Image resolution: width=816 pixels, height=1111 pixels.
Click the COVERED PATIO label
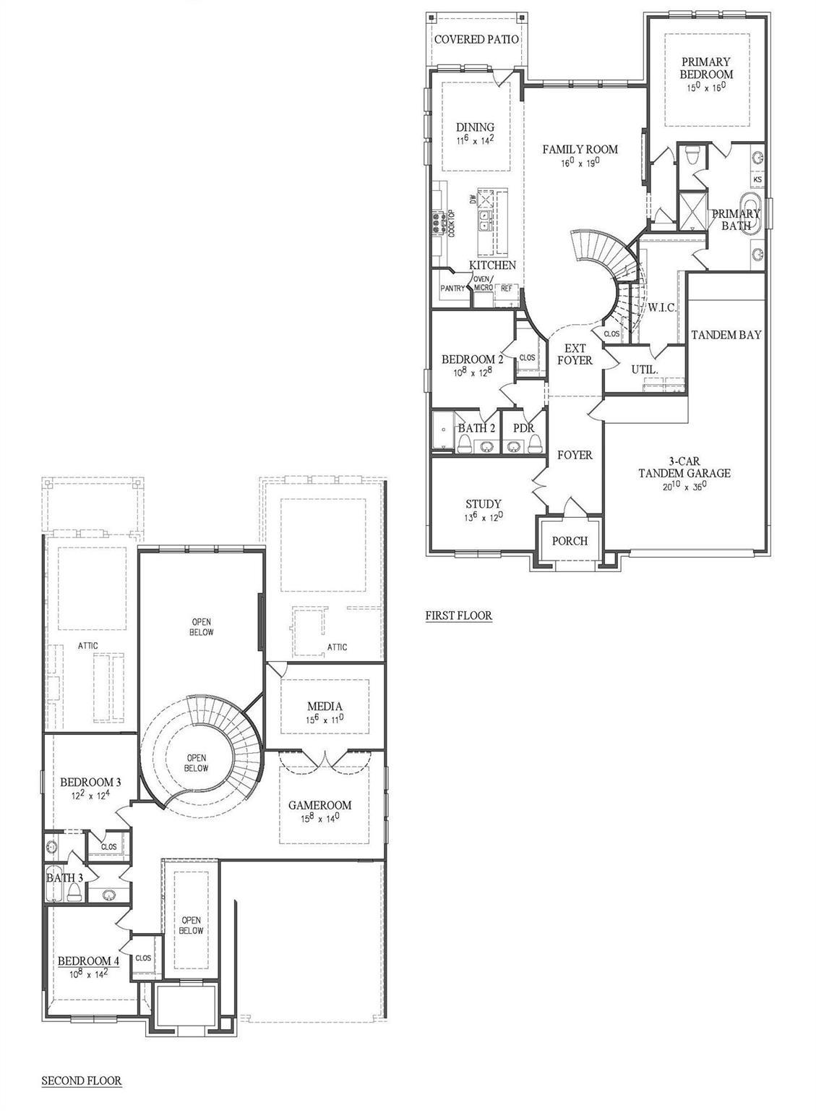click(476, 39)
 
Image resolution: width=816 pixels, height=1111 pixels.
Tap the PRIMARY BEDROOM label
click(705, 68)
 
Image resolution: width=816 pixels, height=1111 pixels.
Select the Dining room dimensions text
click(475, 141)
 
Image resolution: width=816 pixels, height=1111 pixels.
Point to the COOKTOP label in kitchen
click(451, 224)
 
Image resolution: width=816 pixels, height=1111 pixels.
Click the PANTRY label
click(452, 288)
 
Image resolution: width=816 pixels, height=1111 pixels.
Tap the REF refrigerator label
click(506, 288)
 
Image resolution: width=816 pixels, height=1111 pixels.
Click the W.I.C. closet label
click(661, 307)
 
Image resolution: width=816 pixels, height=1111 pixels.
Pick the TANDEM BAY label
click(726, 335)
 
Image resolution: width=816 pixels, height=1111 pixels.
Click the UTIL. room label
click(645, 369)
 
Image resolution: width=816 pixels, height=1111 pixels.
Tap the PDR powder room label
click(523, 428)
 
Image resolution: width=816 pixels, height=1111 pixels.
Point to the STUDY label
click(484, 503)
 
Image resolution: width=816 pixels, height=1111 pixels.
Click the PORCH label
click(570, 540)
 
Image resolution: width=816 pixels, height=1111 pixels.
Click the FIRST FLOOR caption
click(458, 616)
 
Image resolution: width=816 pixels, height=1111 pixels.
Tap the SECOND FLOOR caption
click(81, 1081)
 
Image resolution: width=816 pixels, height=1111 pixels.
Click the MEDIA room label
click(325, 706)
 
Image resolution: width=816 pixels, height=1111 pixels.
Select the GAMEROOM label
click(319, 804)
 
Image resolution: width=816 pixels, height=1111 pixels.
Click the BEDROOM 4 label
click(88, 961)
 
